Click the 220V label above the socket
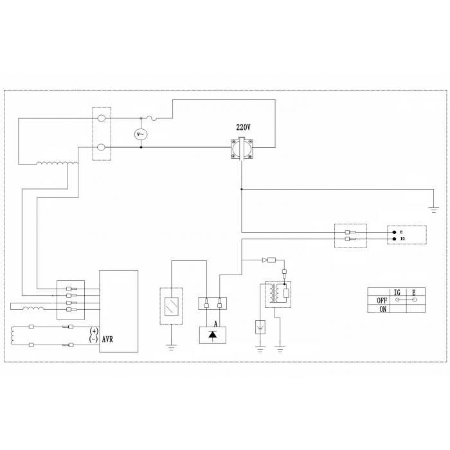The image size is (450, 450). (x=243, y=127)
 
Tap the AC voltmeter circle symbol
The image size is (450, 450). (x=141, y=134)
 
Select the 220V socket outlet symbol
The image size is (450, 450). (x=242, y=149)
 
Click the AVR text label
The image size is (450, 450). (x=107, y=339)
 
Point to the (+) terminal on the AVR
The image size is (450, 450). (x=94, y=331)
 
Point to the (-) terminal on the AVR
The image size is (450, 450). (x=94, y=339)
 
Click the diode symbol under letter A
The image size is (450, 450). (x=212, y=335)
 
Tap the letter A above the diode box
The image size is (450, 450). (x=216, y=324)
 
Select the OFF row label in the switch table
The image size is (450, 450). (x=382, y=300)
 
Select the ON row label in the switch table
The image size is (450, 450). (x=383, y=309)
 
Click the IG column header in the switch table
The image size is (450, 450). (x=397, y=292)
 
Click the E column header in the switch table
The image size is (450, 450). (x=413, y=292)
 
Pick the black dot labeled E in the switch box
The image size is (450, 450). (x=394, y=233)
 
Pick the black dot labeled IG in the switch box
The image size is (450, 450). (x=394, y=239)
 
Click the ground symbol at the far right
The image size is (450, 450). (x=434, y=210)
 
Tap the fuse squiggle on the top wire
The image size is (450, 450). (x=152, y=118)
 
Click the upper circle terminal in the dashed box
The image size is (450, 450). (x=102, y=118)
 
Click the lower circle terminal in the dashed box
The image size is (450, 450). (x=102, y=147)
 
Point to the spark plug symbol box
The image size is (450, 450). (x=260, y=327)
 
